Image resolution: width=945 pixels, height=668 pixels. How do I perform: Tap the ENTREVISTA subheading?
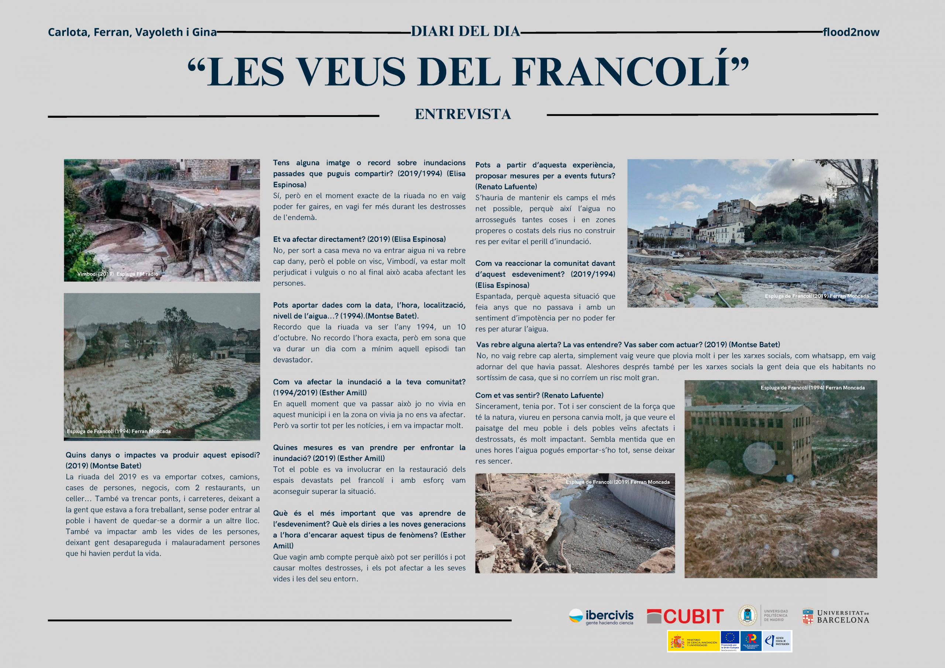(463, 114)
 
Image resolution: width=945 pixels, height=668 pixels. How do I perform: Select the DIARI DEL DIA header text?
(465, 31)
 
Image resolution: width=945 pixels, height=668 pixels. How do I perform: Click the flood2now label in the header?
(851, 32)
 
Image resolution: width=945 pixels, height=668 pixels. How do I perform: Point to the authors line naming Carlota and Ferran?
(132, 32)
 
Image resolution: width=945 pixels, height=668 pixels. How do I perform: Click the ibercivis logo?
(601, 616)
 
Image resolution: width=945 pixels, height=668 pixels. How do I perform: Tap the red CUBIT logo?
(685, 616)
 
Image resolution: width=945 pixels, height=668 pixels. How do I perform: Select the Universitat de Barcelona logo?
(835, 616)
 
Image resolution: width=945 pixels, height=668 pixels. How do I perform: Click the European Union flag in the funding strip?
(730, 638)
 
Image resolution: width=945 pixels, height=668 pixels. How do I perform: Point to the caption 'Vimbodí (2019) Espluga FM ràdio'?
(118, 274)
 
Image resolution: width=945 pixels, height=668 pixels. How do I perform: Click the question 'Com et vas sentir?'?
(539, 396)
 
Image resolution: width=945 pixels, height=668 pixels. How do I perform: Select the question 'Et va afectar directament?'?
(359, 240)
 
